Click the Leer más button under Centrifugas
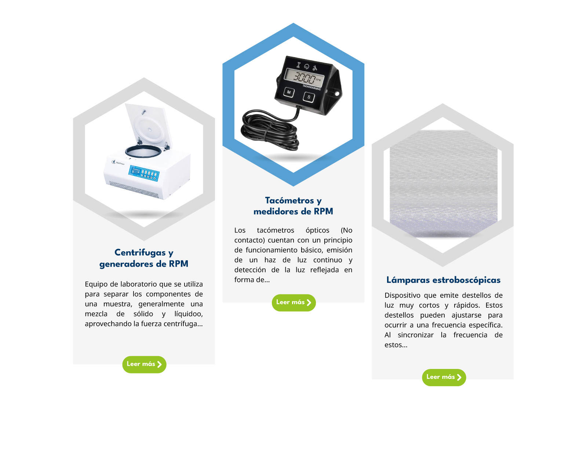(x=144, y=365)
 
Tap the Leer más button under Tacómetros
(x=293, y=303)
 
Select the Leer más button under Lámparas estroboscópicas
(x=444, y=377)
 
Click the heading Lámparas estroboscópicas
(x=443, y=280)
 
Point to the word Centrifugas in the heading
(x=140, y=253)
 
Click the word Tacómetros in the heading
(x=289, y=200)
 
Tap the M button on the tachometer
(x=289, y=92)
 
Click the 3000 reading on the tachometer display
(x=305, y=78)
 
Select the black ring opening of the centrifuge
(x=143, y=151)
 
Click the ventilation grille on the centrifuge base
(x=134, y=190)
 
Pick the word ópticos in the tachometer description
(x=317, y=231)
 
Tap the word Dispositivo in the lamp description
(x=402, y=296)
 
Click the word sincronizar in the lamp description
(x=415, y=335)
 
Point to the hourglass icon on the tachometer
(x=299, y=65)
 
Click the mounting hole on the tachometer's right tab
(x=337, y=94)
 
